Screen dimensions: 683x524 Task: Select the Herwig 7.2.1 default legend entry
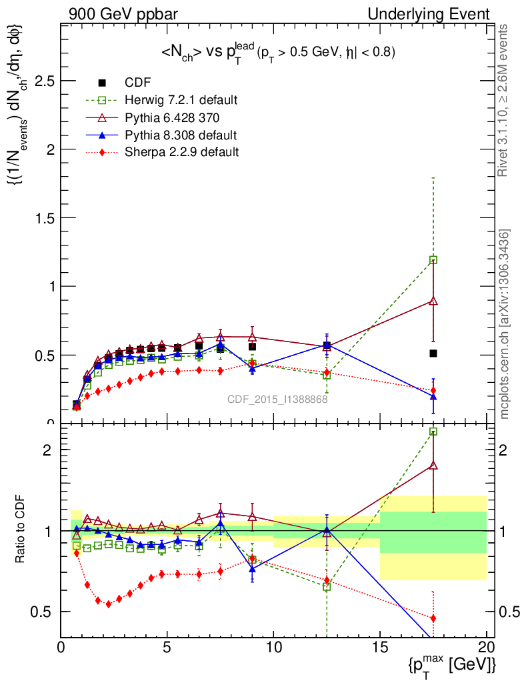[x=181, y=101]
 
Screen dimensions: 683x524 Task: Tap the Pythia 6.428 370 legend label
[x=171, y=118]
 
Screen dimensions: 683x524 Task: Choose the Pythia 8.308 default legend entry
[x=181, y=135]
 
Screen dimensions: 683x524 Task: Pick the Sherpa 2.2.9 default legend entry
[x=181, y=153]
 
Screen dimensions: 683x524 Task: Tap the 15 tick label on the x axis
[x=380, y=647]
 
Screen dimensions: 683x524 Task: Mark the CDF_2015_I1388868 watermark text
[x=277, y=400]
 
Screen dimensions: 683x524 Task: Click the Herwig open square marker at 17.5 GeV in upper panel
[x=433, y=260]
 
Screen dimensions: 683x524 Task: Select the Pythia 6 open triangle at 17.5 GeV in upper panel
[x=433, y=301]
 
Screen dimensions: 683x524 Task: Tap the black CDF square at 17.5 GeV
[x=433, y=354]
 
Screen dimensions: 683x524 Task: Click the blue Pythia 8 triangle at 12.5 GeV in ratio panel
[x=327, y=531]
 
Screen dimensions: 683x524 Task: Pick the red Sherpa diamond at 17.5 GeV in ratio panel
[x=433, y=618]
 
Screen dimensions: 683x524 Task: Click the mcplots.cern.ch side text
[x=505, y=324]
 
